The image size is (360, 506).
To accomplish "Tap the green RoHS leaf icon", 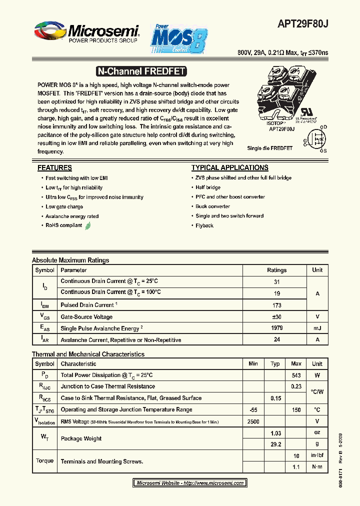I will pyautogui.click(x=88, y=225).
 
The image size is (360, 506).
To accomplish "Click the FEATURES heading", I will pyautogui.click(x=54, y=168).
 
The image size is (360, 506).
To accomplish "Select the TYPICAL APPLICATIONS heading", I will pyautogui.click(x=229, y=168).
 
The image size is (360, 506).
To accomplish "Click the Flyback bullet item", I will pyautogui.click(x=204, y=225).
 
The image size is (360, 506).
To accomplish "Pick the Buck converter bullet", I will pyautogui.click(x=212, y=206).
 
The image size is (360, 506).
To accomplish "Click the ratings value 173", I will pyautogui.click(x=276, y=305).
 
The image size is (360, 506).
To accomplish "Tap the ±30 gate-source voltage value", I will pyautogui.click(x=276, y=317).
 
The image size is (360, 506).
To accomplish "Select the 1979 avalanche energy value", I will pyautogui.click(x=276, y=328).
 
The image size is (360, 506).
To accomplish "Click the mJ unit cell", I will pyautogui.click(x=317, y=328).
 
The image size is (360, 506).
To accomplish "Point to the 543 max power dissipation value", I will pyautogui.click(x=296, y=375).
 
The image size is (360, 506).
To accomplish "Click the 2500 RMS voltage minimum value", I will pyautogui.click(x=253, y=421).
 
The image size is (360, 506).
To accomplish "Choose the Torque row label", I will pyautogui.click(x=45, y=461).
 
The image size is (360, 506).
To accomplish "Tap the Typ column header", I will pyautogui.click(x=275, y=363).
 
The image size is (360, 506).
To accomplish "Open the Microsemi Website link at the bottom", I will pyautogui.click(x=189, y=483).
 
